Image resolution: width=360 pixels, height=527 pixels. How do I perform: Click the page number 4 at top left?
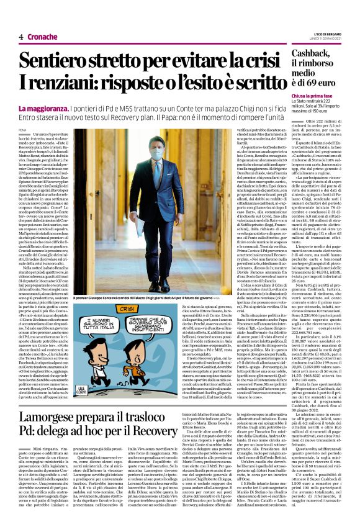point(21,37)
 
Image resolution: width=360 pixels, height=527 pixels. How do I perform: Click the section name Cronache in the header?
point(42,37)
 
